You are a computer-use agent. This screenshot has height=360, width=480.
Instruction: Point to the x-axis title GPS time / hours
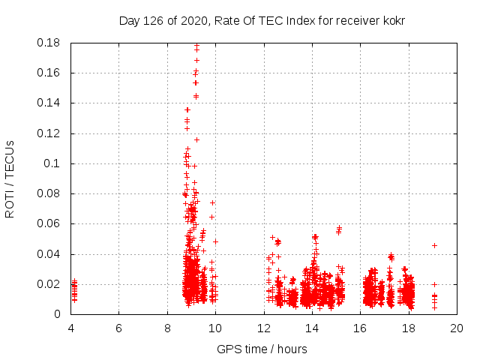(262, 349)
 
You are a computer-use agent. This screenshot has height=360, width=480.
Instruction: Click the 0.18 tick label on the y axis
(49, 43)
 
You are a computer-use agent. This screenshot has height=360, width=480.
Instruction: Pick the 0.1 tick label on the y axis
(55, 163)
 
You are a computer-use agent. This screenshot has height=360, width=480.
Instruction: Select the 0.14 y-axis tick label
(49, 103)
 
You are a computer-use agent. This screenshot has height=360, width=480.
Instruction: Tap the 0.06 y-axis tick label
(49, 223)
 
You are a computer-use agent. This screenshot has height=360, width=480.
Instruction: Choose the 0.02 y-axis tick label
(49, 284)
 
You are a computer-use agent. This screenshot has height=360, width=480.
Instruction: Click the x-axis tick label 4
(70, 328)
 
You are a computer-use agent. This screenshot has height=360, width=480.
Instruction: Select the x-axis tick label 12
(263, 328)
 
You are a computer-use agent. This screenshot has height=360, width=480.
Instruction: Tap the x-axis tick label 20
(457, 328)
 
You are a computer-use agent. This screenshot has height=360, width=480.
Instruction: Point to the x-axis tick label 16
(360, 328)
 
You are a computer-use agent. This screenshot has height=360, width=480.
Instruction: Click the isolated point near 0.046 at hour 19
(434, 245)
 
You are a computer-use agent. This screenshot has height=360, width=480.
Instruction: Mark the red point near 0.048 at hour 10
(215, 241)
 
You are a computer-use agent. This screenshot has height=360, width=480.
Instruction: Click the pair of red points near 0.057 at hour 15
(339, 228)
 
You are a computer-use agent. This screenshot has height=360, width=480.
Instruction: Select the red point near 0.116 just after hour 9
(196, 139)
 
